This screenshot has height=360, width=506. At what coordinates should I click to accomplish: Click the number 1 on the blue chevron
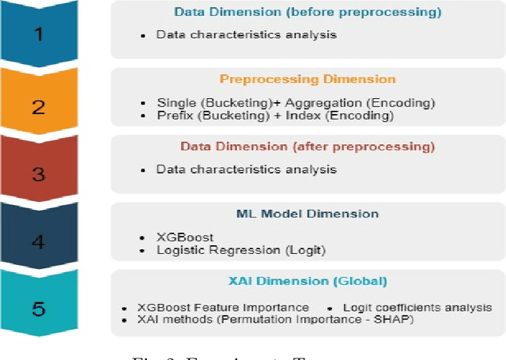click(x=38, y=36)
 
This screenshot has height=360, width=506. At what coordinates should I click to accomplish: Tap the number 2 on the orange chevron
click(x=38, y=107)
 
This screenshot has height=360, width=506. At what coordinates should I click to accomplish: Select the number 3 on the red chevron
click(x=38, y=174)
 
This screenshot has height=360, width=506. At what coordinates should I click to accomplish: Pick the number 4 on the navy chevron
click(x=38, y=241)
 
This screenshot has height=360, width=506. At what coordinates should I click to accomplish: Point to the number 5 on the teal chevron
click(x=38, y=309)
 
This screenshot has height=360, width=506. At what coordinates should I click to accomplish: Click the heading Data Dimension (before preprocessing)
click(x=308, y=13)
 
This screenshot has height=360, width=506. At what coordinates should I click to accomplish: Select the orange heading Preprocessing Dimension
click(x=308, y=79)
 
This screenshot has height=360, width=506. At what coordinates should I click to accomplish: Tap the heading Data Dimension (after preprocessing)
click(x=308, y=146)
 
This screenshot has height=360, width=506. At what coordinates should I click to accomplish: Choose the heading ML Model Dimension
click(x=308, y=214)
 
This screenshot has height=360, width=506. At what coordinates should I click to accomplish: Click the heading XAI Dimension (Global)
click(x=308, y=281)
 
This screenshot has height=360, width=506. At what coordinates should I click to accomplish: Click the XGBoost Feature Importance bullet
click(x=223, y=307)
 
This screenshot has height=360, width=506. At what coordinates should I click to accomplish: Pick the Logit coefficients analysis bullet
click(x=417, y=307)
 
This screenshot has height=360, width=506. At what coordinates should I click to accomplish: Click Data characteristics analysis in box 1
click(x=246, y=35)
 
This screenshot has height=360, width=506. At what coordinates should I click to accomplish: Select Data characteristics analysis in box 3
click(x=246, y=169)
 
